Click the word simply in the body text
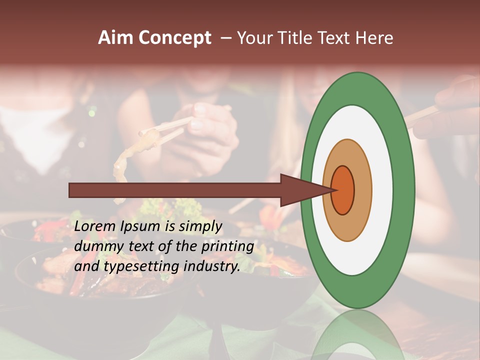click(x=197, y=227)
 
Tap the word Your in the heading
click(x=254, y=38)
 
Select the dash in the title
click(x=225, y=38)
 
